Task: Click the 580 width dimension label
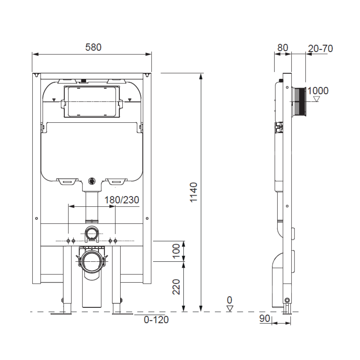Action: pos(93,47)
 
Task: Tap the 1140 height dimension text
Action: pos(194,193)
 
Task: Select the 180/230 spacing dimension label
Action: pos(122,200)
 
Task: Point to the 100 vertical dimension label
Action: pos(176,251)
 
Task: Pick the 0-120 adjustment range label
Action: pos(156,319)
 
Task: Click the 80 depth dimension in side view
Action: pos(283,48)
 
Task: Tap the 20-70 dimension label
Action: pos(320,48)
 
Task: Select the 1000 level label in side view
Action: pos(318,91)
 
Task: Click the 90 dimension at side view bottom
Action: pos(265,319)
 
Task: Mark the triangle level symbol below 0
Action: pos(230,309)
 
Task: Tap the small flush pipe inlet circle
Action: pos(92,233)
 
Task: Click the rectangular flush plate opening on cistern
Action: pos(92,102)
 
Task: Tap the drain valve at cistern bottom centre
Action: pos(92,181)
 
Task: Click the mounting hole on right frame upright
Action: pos(147,218)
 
